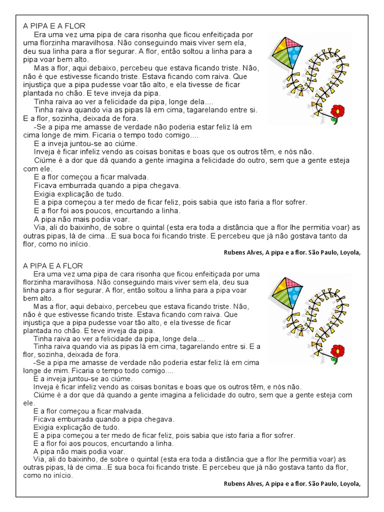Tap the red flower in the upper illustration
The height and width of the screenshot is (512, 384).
click(338, 111)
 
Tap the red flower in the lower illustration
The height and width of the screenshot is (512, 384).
click(338, 350)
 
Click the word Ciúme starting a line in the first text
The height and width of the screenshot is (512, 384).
click(44, 160)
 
